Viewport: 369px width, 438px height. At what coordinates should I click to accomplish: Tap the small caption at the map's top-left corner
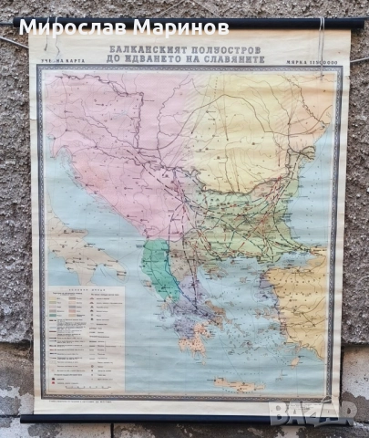pos(55,63)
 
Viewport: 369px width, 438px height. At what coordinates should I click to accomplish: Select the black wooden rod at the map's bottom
pos(182,419)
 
